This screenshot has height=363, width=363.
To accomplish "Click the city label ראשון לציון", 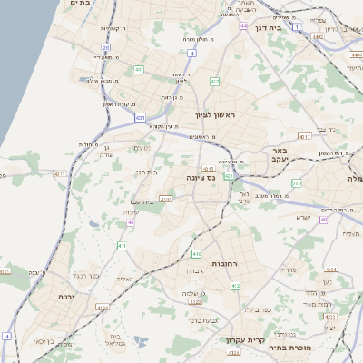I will click(214, 115).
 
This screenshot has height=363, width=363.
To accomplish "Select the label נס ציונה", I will click(200, 178).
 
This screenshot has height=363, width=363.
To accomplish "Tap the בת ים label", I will click(79, 4).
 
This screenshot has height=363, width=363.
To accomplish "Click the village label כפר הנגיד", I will click(79, 274).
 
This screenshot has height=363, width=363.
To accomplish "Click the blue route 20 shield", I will click(106, 47).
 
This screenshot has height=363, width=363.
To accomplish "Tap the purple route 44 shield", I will click(244, 26).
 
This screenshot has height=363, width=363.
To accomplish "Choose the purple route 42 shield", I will click(131, 221).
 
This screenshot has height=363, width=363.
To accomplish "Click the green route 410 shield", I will click(197, 254).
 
